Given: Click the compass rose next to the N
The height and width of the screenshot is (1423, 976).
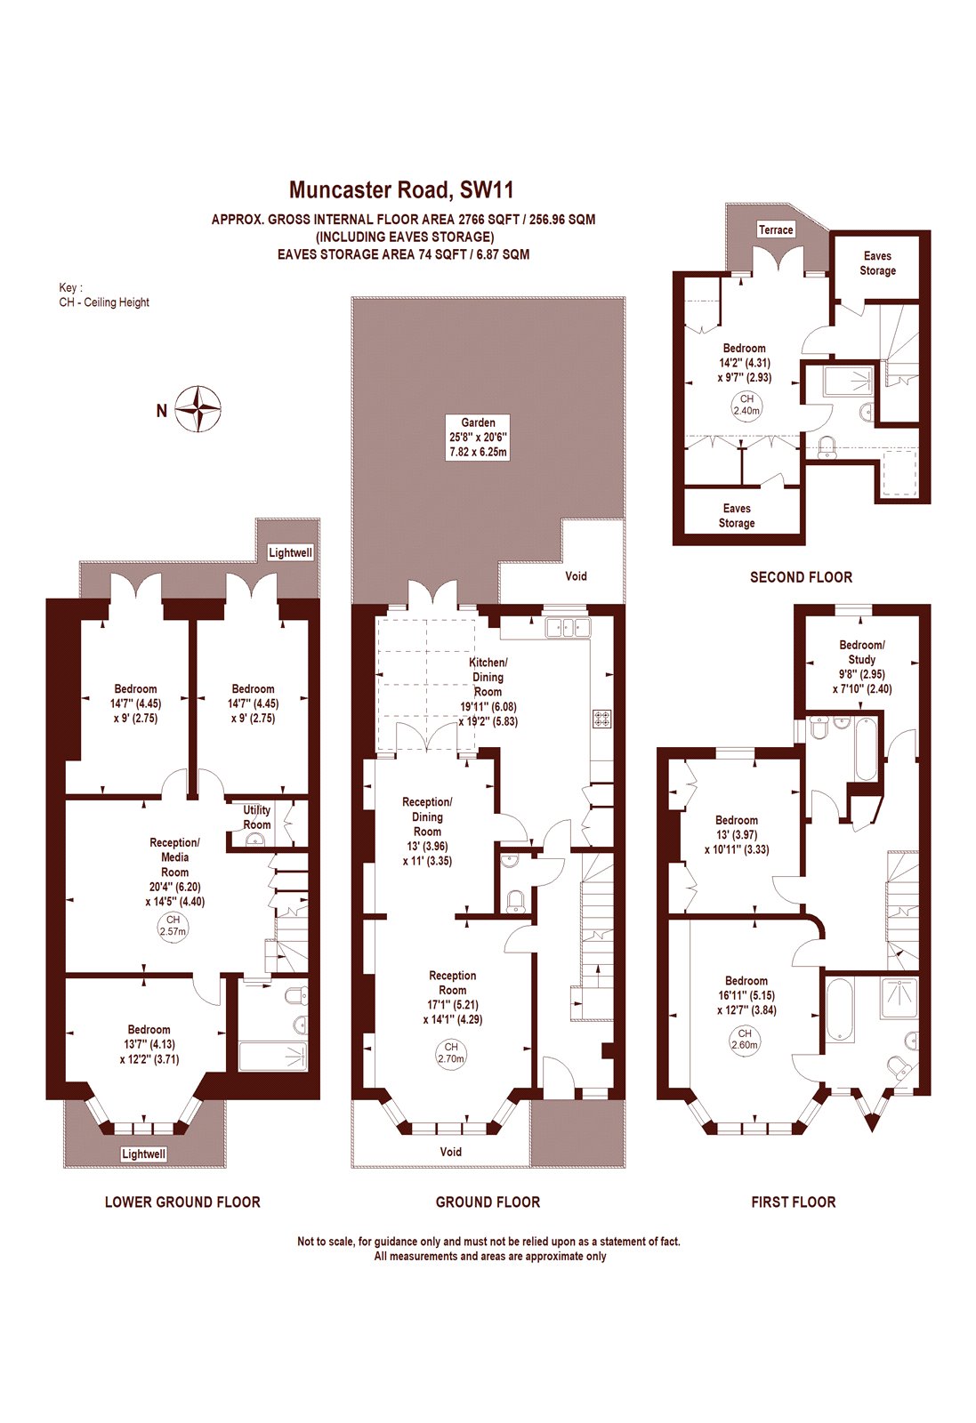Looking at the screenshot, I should point(198,409).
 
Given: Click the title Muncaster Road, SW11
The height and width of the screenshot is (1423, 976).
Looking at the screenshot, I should point(401,189).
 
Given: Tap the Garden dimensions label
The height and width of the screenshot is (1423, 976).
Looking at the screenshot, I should point(479,438).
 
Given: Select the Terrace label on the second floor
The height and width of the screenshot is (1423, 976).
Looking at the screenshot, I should point(775,229).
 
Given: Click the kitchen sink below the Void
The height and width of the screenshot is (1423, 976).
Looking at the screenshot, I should point(569,627).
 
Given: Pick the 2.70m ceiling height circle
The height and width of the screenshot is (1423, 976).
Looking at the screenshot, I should point(451,1053).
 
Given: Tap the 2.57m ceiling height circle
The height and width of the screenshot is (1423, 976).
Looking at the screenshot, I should point(173,926).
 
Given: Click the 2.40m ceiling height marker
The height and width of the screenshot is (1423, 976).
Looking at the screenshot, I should point(746,406).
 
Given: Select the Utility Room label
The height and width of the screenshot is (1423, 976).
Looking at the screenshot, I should point(257,817).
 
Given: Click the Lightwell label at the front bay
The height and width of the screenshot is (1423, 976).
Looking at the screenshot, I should point(143,1154).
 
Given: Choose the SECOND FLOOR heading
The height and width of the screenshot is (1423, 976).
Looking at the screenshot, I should point(801,577).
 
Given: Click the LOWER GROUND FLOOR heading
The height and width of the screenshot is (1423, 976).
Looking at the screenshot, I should point(182,1202).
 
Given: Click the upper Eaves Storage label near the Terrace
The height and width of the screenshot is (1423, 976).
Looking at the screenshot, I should point(877,263).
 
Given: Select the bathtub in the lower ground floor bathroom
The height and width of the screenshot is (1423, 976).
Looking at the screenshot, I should point(272,1057).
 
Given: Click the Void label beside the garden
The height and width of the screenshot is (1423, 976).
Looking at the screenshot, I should point(576,576).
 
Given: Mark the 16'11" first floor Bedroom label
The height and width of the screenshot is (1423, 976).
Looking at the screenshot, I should point(746,995).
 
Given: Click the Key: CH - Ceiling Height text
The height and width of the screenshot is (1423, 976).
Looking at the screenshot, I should point(104,295).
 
